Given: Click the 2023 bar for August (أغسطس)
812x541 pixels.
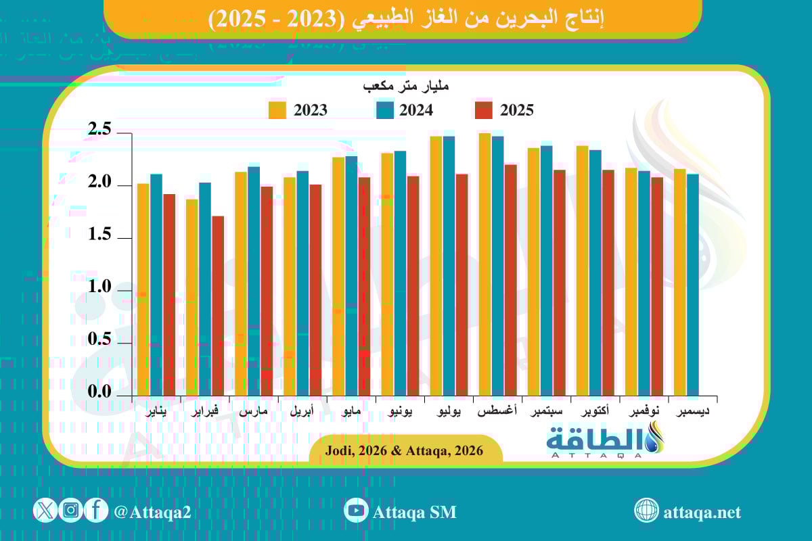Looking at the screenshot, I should [x=484, y=264].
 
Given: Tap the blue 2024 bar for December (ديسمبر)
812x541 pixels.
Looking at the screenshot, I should [x=693, y=284].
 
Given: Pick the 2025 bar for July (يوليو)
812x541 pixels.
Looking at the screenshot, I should [x=462, y=284].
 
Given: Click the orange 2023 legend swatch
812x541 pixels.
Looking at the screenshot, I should [x=277, y=110].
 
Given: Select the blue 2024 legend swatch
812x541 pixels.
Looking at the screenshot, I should [x=385, y=110].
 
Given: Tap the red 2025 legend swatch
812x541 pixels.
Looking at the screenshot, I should [x=483, y=110].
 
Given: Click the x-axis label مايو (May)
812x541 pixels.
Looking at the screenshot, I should [x=358, y=411].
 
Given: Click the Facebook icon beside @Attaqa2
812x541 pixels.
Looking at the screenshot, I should [x=96, y=511].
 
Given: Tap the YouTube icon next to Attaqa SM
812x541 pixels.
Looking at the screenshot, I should [x=355, y=511].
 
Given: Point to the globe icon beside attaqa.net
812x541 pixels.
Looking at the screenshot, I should [x=646, y=511].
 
